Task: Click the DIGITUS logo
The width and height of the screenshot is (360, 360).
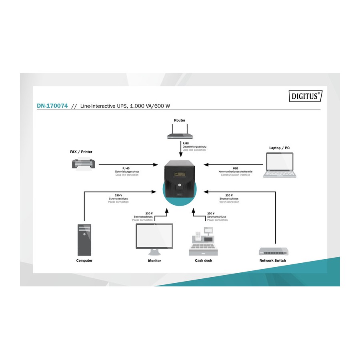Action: pos(305,96)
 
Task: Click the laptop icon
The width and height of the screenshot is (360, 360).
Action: pos(280,164)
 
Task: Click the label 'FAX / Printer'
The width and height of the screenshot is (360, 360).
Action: pos(81,152)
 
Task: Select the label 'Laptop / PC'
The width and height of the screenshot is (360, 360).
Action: pos(279,148)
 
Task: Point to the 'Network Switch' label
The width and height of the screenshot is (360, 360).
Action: pos(272,260)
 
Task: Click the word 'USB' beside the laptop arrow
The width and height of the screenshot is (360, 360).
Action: pos(235,168)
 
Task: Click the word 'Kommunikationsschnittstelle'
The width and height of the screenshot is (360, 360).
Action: pos(235,171)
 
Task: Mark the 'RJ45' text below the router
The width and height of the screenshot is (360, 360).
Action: pos(186,143)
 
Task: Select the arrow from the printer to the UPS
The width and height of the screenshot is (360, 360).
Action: pos(128,164)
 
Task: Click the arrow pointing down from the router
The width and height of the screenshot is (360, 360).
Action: pos(180,148)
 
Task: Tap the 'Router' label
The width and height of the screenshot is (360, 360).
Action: pos(180,120)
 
